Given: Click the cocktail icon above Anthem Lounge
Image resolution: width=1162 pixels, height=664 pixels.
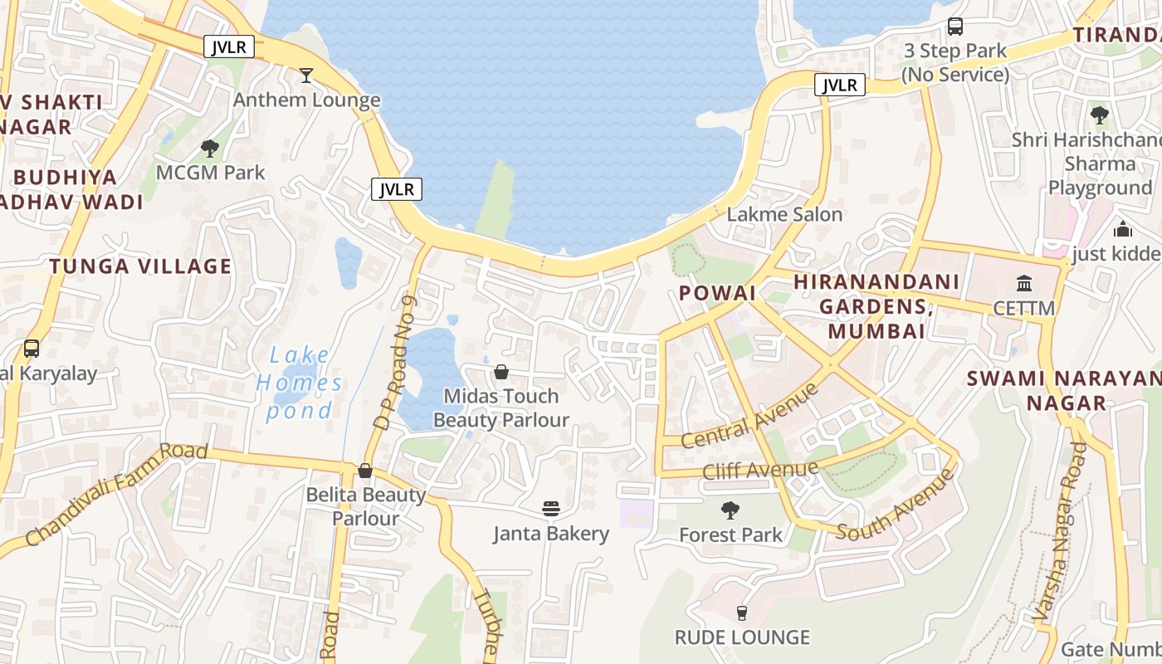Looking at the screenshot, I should point(306,76).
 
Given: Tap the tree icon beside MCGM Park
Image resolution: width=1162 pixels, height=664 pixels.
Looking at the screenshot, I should point(210,149).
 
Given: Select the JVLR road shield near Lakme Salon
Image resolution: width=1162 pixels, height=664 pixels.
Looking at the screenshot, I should point(840,85).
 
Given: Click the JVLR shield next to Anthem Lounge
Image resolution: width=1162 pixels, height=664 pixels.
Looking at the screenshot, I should point(396,189).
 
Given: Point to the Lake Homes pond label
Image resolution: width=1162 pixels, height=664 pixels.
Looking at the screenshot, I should point(299,383).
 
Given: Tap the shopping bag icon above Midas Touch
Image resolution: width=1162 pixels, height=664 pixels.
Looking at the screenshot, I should point(501,372).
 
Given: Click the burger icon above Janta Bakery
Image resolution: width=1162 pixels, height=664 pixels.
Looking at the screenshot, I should point(551,508).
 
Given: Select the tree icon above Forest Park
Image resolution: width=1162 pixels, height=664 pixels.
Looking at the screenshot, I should point(730,510).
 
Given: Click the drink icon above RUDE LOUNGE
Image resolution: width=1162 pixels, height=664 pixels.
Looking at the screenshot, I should point(742,613).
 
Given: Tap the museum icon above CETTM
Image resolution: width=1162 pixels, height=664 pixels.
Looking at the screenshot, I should point(1024,283).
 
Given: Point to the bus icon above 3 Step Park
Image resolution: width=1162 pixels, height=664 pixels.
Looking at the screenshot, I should point(955,26).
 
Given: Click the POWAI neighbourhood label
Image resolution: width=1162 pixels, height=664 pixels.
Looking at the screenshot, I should point(717,293).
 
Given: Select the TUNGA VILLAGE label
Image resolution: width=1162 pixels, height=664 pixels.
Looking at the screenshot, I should point(140,266).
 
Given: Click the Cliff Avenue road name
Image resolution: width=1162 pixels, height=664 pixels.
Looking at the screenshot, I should point(759,471).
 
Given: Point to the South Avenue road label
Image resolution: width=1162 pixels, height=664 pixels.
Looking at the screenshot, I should point(896,506).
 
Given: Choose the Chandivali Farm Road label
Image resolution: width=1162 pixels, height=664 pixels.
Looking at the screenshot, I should point(116,493).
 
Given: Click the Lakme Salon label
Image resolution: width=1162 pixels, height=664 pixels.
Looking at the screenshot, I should point(784,214).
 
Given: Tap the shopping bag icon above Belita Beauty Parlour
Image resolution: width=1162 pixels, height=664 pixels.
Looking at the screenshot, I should point(364,471).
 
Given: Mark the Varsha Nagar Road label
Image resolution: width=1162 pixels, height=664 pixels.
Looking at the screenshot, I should point(1057,531).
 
